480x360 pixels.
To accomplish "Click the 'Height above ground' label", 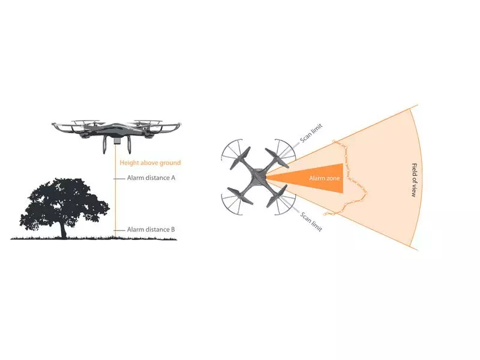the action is (x=150, y=163).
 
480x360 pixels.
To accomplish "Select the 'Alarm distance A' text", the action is (x=151, y=178).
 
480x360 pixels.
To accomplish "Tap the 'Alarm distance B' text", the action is (x=151, y=230).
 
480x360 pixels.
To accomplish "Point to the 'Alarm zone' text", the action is (x=324, y=178).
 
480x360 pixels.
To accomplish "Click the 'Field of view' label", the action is (x=414, y=181).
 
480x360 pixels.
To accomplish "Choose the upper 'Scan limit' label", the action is (x=311, y=133).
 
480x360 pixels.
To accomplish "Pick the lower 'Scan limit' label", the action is (x=311, y=221).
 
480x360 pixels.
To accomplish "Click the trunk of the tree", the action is (x=64, y=229).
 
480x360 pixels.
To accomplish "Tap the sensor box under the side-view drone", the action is (x=116, y=140).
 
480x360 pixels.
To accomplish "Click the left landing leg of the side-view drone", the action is (x=106, y=144).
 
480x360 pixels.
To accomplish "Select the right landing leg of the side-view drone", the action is (x=128, y=144).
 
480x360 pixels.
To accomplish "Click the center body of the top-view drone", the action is (x=259, y=177).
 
